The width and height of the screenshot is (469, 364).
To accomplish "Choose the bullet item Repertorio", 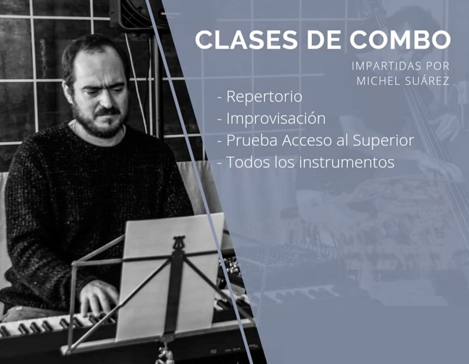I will [264, 97].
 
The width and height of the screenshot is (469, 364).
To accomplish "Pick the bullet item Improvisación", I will [276, 119].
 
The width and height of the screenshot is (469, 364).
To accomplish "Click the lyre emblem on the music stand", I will [179, 243].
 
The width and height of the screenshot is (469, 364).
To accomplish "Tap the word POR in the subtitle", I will [438, 65].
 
